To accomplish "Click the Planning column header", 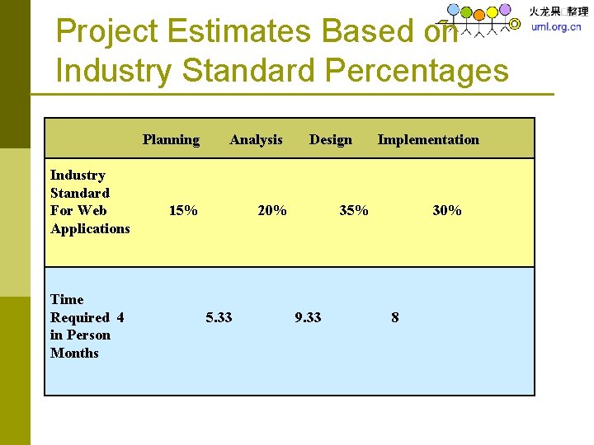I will tap(171, 140).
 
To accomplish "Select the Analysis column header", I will tap(256, 140).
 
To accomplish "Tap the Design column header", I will tap(330, 140).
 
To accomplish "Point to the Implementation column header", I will tap(427, 140).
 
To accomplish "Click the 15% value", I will tap(183, 211).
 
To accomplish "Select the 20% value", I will tap(272, 211).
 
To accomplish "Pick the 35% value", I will tap(354, 211).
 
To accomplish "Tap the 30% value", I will tap(447, 211).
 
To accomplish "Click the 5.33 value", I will tap(219, 317).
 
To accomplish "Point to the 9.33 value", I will tap(308, 317).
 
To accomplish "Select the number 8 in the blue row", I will tap(394, 317).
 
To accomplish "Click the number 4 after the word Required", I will tap(120, 317).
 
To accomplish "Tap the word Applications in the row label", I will tap(90, 228).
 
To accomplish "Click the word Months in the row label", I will tap(74, 353).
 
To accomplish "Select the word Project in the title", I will tap(106, 31).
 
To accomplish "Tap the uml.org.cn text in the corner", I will tap(555, 26).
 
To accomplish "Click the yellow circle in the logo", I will tap(493, 12).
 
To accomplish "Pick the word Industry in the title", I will tap(114, 71).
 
